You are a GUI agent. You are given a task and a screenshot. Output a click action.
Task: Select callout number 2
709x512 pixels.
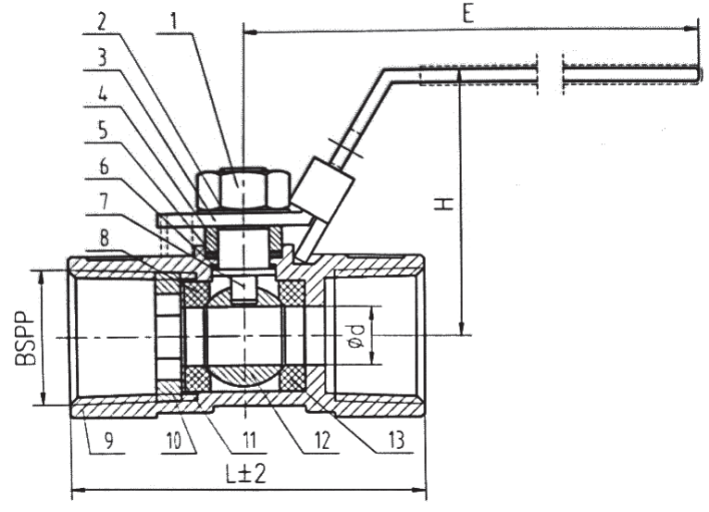tap(102, 21)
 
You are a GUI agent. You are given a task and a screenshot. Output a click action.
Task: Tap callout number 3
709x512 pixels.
tap(103, 57)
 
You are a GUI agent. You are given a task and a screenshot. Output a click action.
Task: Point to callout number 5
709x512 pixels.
tap(103, 131)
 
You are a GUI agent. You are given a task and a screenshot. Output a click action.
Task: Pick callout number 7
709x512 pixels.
tap(104, 201)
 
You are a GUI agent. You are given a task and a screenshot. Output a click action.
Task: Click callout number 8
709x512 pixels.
tap(105, 238)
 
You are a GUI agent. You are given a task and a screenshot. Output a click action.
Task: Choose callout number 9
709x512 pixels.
tap(108, 441)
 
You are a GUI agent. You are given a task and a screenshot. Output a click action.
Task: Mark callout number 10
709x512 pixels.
tap(174, 441)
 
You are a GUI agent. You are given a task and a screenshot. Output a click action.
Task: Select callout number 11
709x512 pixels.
tap(249, 441)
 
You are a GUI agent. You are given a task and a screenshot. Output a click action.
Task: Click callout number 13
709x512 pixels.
tap(395, 440)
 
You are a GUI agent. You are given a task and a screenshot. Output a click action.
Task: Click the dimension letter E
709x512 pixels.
tap(468, 14)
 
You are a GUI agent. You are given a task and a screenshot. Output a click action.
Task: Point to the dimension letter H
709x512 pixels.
tap(443, 204)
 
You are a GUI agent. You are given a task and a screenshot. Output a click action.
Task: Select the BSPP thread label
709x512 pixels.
tap(25, 338)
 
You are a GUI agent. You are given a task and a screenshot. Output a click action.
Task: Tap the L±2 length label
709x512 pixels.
tap(245, 473)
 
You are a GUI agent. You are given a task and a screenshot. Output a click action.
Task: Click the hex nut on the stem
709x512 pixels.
tap(243, 189)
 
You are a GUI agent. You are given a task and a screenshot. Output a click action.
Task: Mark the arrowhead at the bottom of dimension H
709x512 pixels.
tap(461, 329)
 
